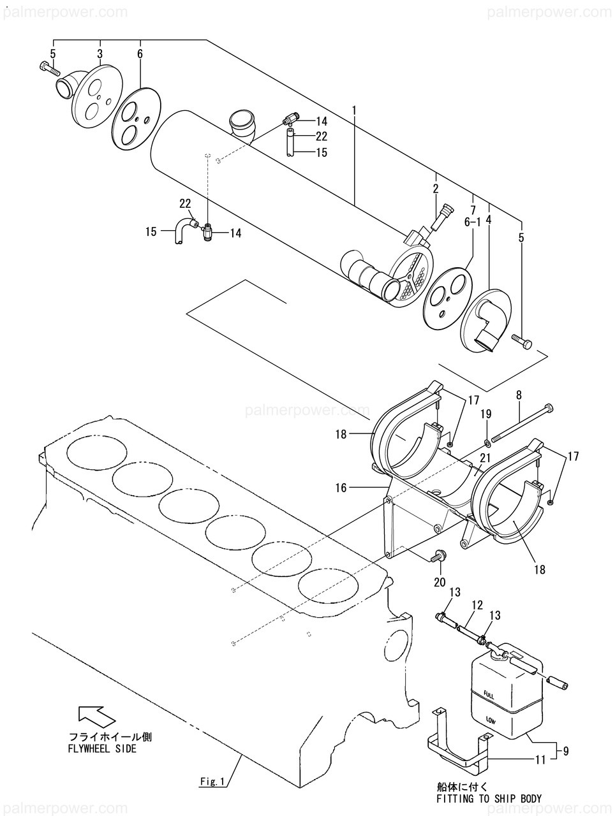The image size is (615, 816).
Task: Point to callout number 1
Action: point(354,111)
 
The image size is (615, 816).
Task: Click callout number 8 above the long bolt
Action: point(519,395)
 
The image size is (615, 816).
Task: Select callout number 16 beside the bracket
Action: point(342,488)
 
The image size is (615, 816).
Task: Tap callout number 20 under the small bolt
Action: point(440,582)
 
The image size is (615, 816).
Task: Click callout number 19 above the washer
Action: point(485,414)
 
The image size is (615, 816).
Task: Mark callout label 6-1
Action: point(473,222)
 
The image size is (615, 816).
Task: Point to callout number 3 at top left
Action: point(100,54)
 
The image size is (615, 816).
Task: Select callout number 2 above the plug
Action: point(436,189)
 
